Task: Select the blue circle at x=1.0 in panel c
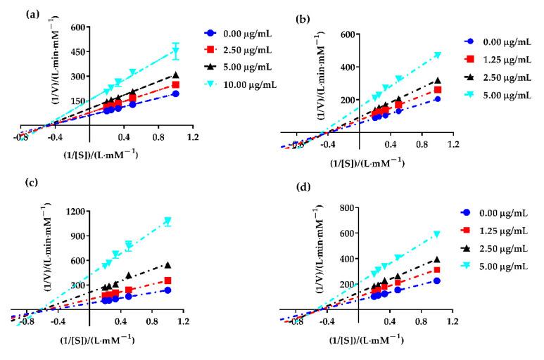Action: point(167,290)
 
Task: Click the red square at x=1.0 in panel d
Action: point(437,270)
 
